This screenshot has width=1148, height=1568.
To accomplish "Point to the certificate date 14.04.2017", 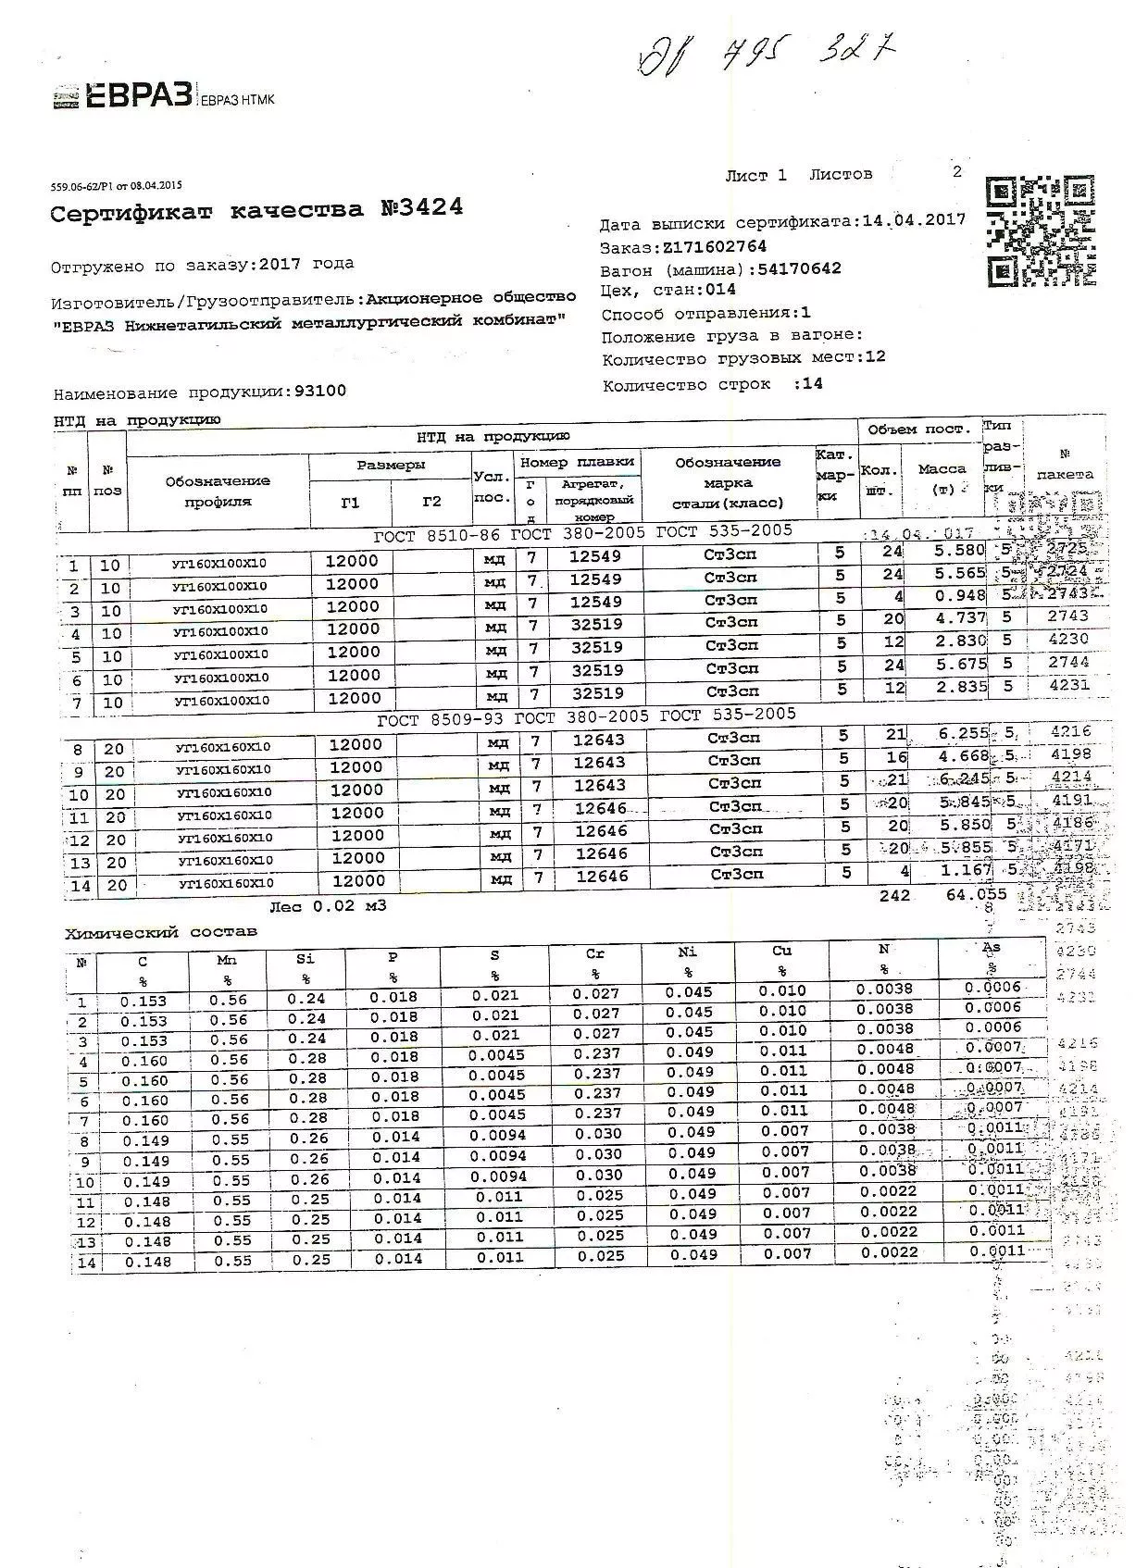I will [913, 220].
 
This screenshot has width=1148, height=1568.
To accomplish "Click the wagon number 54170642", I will [799, 268].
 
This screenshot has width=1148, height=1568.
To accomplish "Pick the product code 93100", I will [319, 391].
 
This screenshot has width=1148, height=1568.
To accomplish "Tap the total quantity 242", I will [895, 896].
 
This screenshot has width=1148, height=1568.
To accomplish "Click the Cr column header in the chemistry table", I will [595, 952].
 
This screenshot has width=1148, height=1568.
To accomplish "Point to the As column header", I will [992, 947].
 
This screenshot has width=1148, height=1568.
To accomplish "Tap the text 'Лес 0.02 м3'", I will [328, 906].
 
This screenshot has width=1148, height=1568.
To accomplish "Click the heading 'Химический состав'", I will [160, 932].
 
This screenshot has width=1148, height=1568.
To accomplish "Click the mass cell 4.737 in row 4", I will [960, 618].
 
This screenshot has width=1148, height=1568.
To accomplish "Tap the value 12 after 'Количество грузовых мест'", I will [875, 356].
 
